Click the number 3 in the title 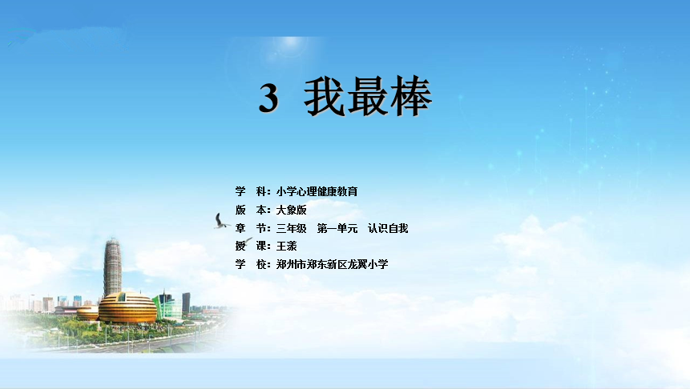[x=268, y=98]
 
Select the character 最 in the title [x=368, y=96]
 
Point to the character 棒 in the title [x=411, y=96]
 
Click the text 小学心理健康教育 [x=317, y=191]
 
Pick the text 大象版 [x=291, y=210]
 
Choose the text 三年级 [x=291, y=229]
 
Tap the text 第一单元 [x=337, y=229]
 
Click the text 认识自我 [x=388, y=229]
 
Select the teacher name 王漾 [x=286, y=247]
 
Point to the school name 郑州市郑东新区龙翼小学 [x=332, y=265]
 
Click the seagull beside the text [x=220, y=222]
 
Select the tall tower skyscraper [x=112, y=267]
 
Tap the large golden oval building [x=127, y=307]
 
